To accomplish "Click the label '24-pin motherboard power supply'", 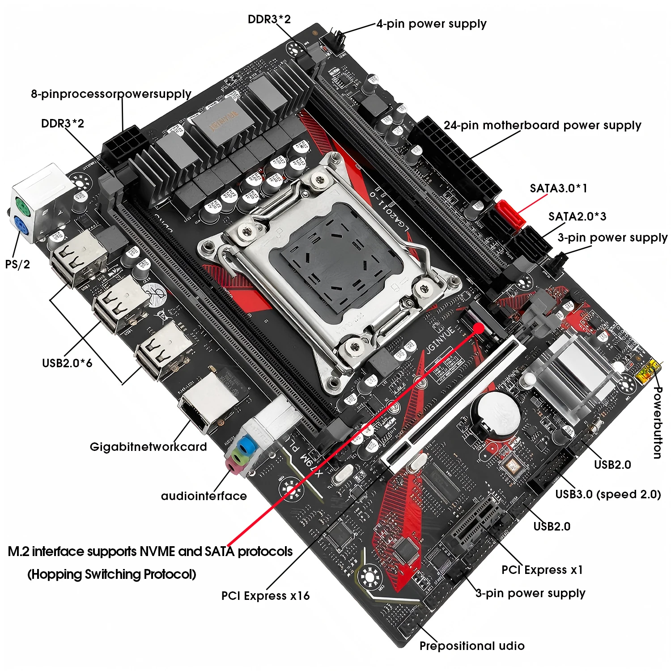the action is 542,125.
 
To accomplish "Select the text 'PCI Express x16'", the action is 265,596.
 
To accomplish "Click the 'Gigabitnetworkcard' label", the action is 148,447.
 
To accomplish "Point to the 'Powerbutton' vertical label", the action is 657,423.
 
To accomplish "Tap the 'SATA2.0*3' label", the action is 577,217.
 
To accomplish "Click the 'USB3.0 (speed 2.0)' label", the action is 608,494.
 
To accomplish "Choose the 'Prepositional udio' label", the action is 472,646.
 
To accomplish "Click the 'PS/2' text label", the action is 17,264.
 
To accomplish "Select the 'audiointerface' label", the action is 204,496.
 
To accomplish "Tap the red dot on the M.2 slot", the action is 478,328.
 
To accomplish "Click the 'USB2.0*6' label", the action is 67,363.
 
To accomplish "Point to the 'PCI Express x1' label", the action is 542,570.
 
